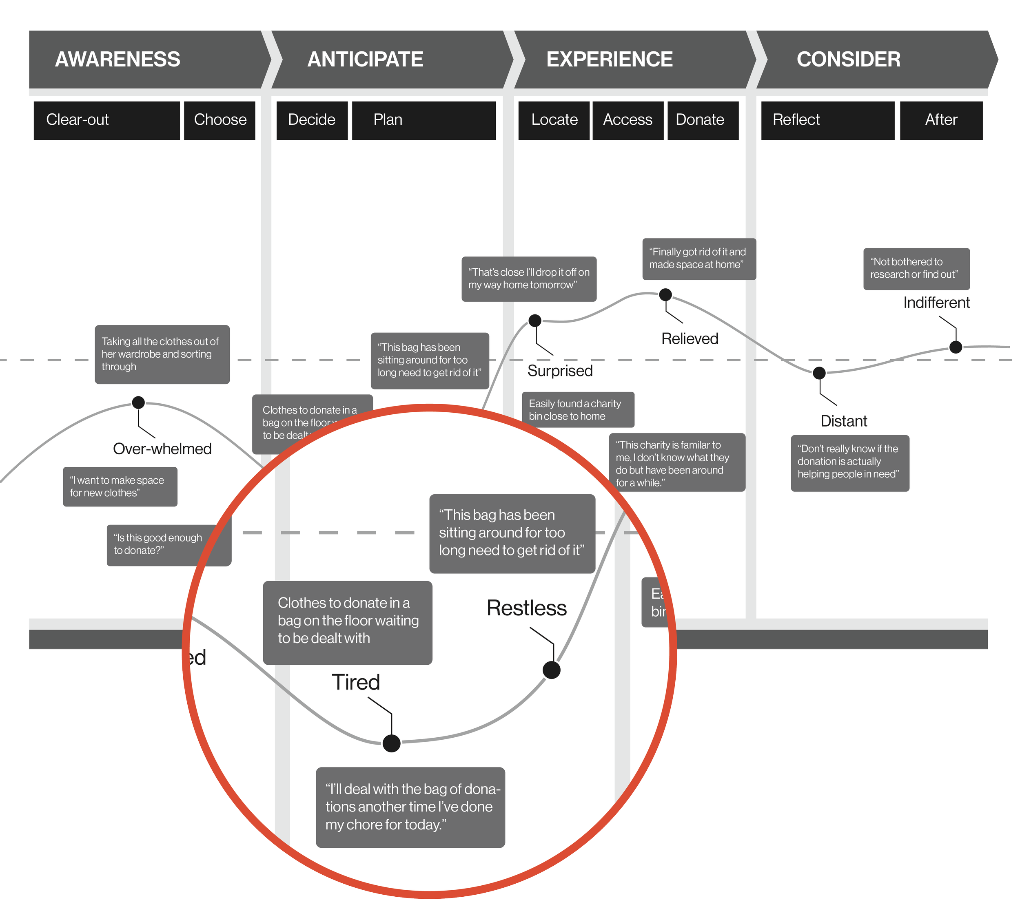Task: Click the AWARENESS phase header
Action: [118, 60]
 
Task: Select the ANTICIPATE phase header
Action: [365, 60]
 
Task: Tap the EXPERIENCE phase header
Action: [610, 60]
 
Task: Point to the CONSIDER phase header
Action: [848, 60]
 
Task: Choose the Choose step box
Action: [220, 120]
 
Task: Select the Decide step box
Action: [311, 120]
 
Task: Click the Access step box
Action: [628, 120]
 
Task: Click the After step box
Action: [941, 120]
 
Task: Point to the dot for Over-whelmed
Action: [138, 402]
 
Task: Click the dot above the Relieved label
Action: [665, 295]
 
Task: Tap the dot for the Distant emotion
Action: [819, 373]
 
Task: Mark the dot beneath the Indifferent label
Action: [956, 347]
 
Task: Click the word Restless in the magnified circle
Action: [526, 608]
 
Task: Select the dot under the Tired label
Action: [391, 743]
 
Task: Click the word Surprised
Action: [560, 371]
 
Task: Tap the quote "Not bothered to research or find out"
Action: [916, 268]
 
